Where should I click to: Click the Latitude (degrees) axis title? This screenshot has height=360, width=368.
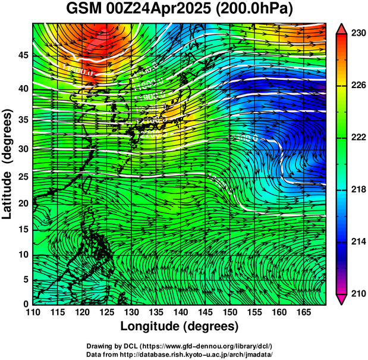(x=8, y=163)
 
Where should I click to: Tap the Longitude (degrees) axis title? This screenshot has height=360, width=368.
(x=180, y=326)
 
